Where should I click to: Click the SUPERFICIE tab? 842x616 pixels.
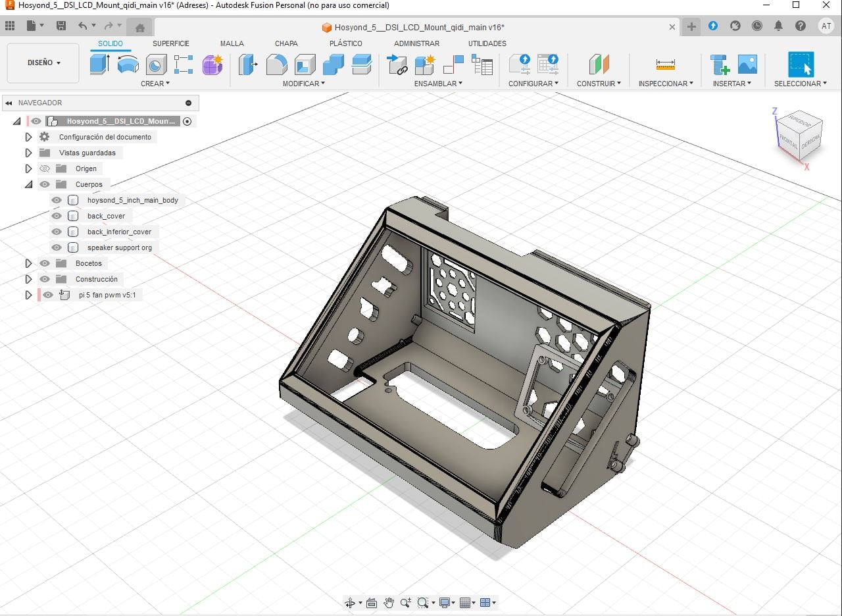click(x=170, y=43)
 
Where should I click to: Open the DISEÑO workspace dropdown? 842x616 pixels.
click(x=43, y=63)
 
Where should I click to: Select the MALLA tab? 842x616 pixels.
click(x=232, y=43)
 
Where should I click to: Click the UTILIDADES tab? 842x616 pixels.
click(x=487, y=43)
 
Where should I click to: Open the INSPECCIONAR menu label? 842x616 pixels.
click(x=665, y=84)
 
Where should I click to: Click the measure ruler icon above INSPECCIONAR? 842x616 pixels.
click(x=665, y=64)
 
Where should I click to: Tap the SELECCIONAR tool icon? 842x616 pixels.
click(x=801, y=64)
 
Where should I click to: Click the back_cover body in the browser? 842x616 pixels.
click(x=106, y=216)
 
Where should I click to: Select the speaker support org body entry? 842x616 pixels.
click(x=120, y=247)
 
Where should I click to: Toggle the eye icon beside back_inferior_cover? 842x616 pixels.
click(x=57, y=232)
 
